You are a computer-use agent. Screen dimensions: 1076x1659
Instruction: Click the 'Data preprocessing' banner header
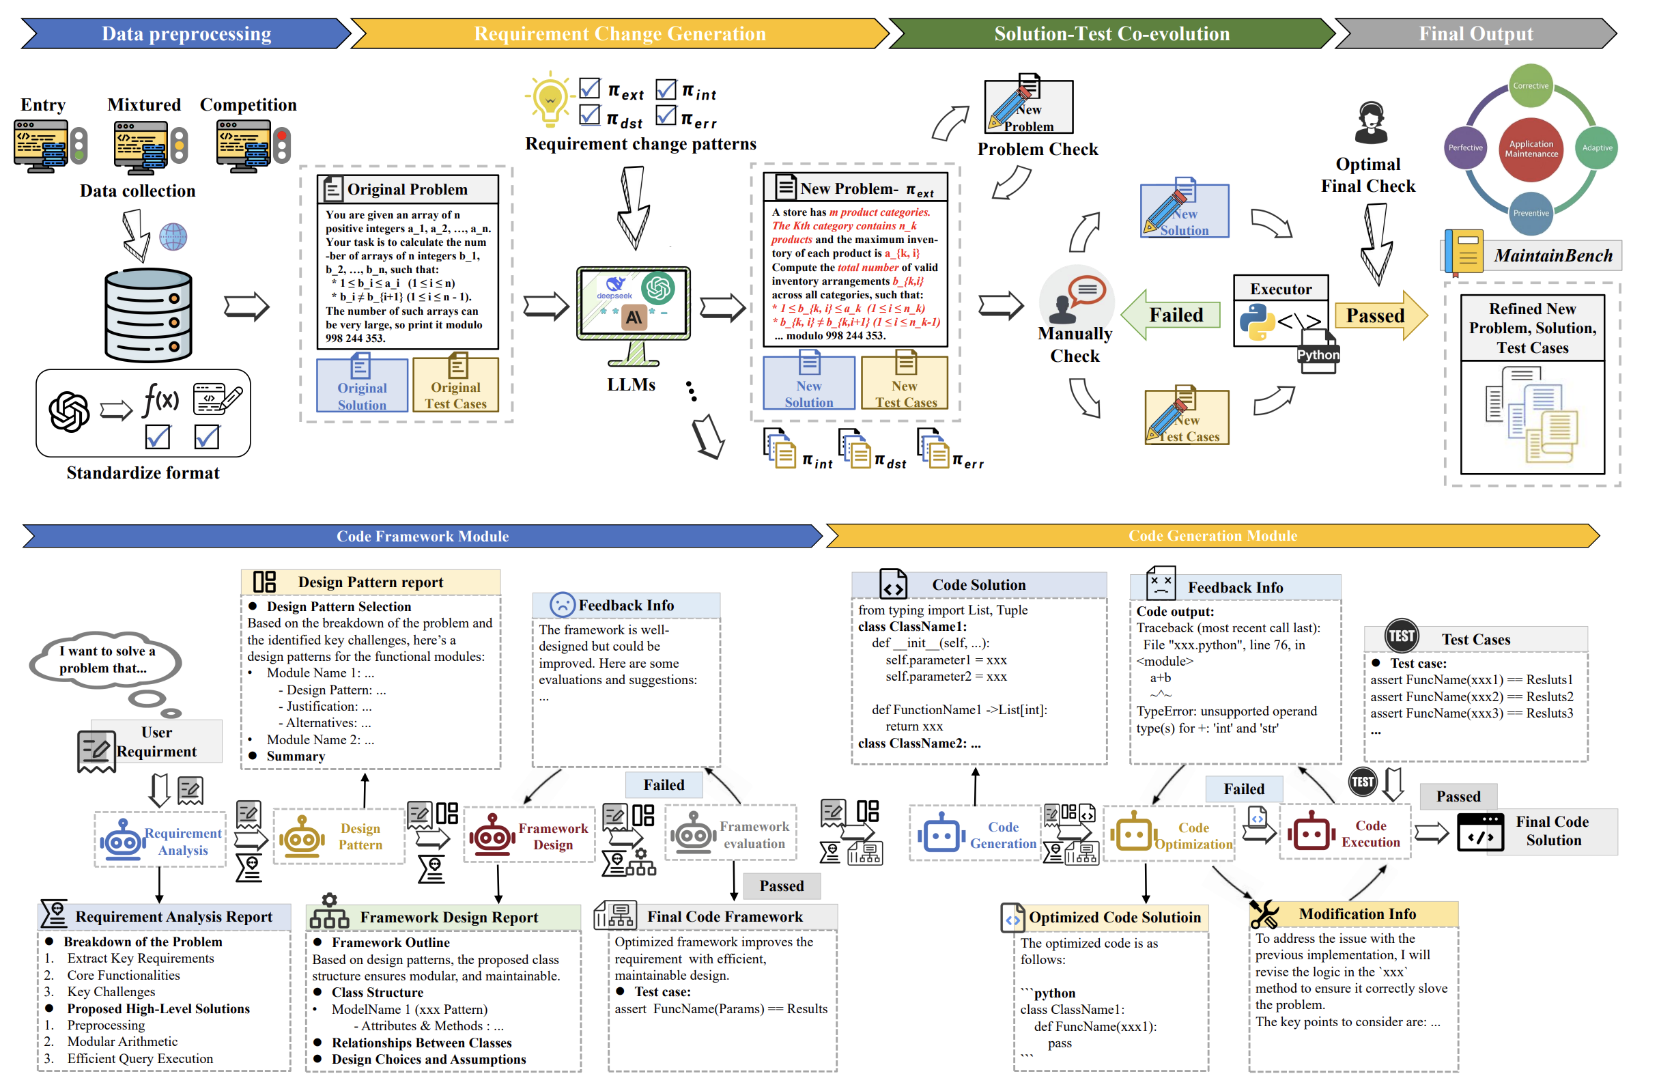pos(186,33)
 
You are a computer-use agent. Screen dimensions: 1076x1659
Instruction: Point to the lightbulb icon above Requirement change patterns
pos(550,99)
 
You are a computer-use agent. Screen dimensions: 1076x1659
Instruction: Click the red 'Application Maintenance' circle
pos(1531,148)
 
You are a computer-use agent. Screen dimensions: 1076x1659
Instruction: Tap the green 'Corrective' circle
pos(1530,86)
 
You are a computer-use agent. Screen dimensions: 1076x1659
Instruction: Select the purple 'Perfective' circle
pos(1465,147)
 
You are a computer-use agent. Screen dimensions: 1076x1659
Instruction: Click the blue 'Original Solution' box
pos(362,384)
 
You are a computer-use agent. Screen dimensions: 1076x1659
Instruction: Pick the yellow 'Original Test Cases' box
pos(455,384)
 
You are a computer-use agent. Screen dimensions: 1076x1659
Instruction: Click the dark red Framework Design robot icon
pos(492,836)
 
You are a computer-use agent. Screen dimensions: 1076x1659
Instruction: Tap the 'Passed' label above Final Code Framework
pos(782,886)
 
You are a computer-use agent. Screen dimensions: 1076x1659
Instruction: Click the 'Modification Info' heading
pos(1357,914)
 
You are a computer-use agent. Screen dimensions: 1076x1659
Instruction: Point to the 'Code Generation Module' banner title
pos(1213,535)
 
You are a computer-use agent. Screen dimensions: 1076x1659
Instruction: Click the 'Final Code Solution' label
pos(1552,831)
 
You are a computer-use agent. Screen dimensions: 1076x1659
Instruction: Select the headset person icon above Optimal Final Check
pos(1370,124)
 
